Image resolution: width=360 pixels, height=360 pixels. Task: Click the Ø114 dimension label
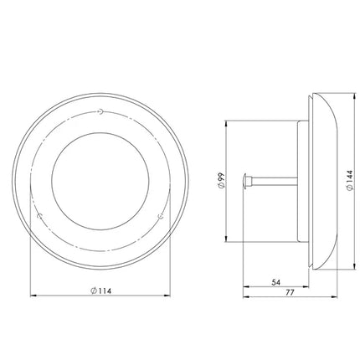click(100, 291)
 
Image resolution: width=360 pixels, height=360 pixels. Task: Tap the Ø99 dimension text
click(221, 181)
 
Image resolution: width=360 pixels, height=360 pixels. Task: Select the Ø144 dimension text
click(349, 181)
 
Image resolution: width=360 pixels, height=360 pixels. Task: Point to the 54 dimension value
click(275, 282)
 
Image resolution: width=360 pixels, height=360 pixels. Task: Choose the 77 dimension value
click(291, 292)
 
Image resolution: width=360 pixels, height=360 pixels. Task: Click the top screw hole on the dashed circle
click(100, 111)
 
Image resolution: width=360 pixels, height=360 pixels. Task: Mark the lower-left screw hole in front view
click(40, 216)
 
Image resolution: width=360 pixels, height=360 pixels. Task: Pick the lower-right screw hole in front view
click(161, 216)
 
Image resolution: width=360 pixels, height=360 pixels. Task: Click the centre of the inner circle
click(100, 181)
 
